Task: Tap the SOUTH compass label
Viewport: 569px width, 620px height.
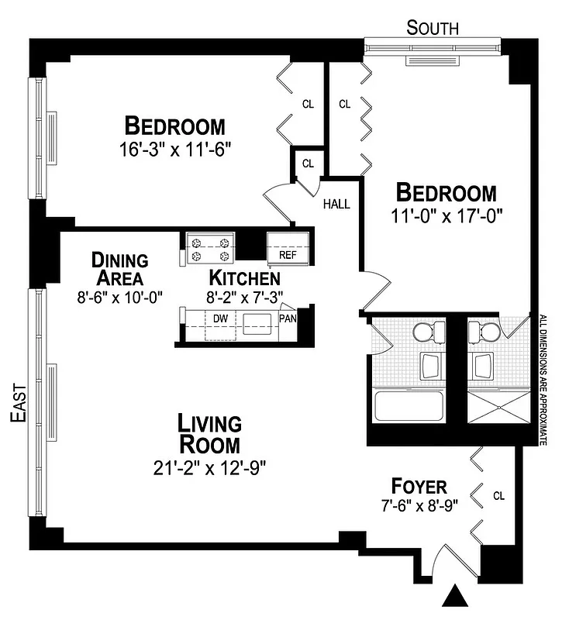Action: pyautogui.click(x=433, y=28)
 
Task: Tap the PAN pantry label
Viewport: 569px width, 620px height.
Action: pyautogui.click(x=287, y=318)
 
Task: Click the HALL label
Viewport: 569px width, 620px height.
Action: pyautogui.click(x=336, y=205)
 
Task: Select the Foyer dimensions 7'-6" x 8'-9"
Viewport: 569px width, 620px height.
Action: pyautogui.click(x=419, y=508)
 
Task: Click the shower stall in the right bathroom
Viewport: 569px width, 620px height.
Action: pyautogui.click(x=498, y=408)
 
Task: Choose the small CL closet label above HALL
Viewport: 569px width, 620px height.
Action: pyautogui.click(x=308, y=164)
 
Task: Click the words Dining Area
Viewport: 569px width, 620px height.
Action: pyautogui.click(x=119, y=268)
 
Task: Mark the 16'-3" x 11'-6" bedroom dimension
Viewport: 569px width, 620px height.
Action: pyautogui.click(x=175, y=146)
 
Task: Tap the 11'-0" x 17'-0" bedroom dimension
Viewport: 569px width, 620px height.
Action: pyautogui.click(x=445, y=214)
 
